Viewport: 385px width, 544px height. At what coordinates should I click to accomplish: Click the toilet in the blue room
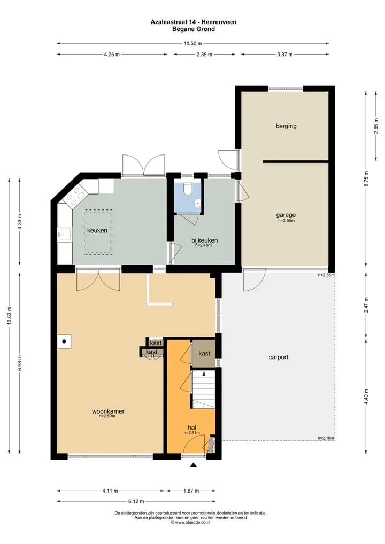188,189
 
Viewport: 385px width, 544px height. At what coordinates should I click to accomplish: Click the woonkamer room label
108,411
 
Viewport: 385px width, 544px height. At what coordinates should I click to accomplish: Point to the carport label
279,357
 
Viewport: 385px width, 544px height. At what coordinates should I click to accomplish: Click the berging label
286,126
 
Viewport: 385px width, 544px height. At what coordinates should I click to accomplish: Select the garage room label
286,215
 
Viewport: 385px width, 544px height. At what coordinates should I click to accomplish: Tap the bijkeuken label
205,240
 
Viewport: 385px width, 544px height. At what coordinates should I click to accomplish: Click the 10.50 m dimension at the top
192,43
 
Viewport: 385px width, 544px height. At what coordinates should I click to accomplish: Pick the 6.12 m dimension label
136,501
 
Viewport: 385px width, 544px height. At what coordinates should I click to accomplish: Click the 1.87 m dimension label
191,491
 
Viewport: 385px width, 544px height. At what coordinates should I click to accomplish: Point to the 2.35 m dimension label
204,55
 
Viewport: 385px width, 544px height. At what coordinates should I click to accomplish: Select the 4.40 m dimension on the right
366,396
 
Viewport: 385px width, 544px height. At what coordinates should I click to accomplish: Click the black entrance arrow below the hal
194,465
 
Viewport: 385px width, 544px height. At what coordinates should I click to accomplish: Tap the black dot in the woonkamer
64,341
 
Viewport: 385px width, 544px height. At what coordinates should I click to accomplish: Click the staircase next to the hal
203,388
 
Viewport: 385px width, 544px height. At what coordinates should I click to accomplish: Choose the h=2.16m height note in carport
326,438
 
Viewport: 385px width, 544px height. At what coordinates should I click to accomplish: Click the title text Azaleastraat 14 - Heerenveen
194,22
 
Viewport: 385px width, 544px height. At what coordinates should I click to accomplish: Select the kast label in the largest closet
204,354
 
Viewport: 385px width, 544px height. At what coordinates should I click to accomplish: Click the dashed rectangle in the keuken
98,232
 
